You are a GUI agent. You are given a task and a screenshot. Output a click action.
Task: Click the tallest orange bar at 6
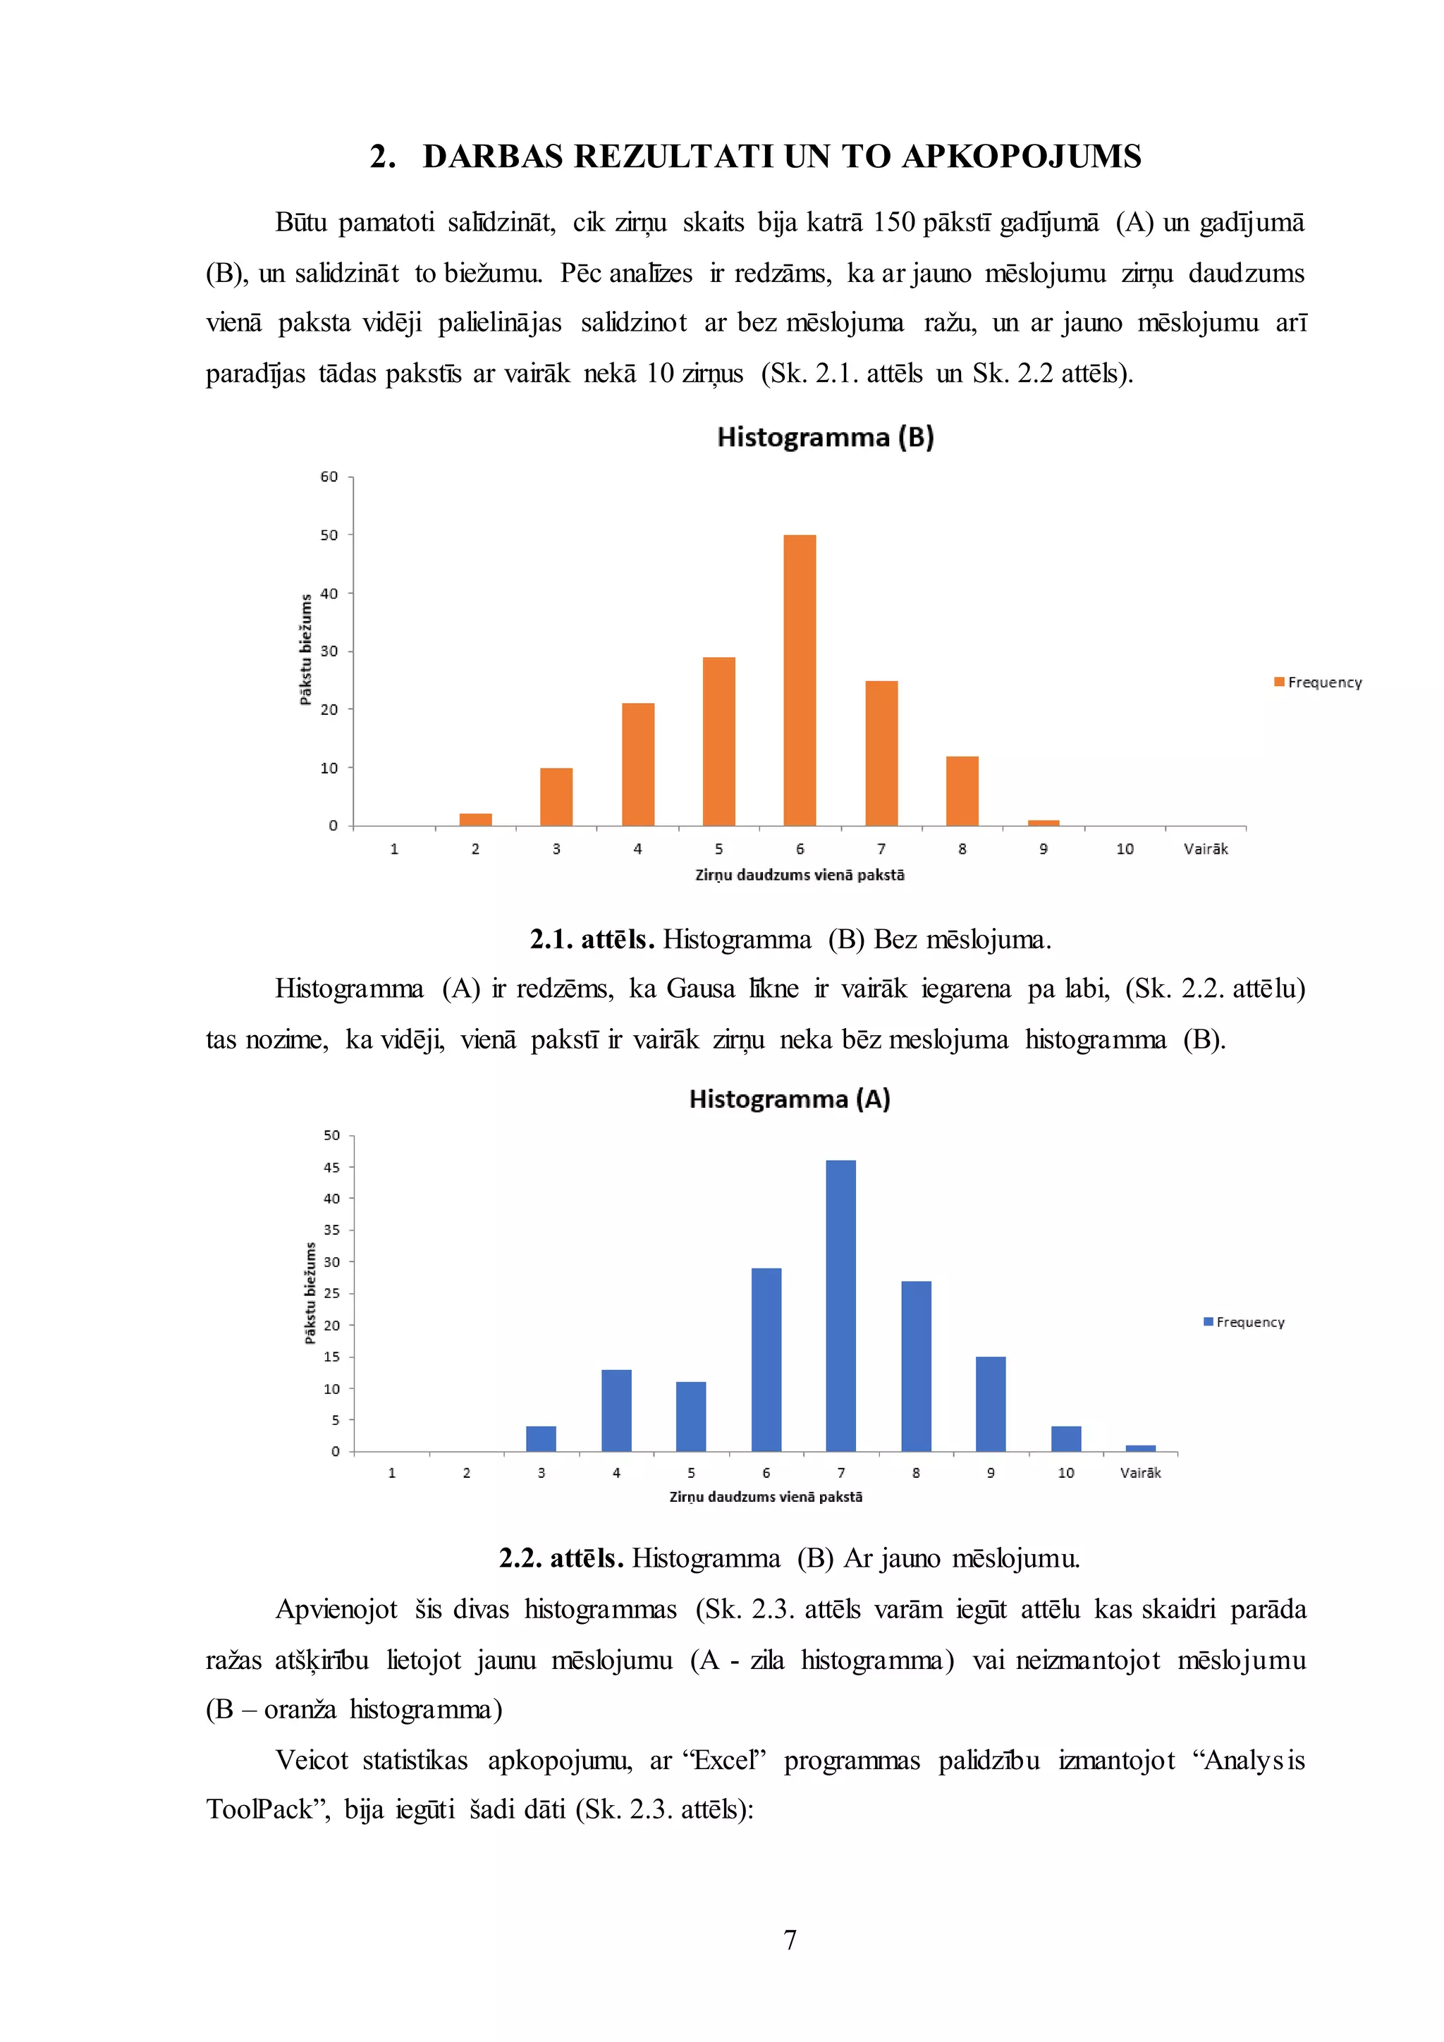tap(800, 680)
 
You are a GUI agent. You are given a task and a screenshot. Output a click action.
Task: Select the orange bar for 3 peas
tap(556, 797)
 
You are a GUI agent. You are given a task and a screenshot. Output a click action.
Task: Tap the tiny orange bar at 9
tap(1043, 823)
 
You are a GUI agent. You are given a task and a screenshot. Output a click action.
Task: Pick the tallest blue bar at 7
tap(840, 1307)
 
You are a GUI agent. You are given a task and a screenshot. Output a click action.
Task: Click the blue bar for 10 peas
tap(1066, 1439)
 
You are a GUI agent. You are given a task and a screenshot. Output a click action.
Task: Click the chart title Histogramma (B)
tap(825, 438)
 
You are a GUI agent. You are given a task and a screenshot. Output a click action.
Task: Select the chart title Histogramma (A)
tap(790, 1099)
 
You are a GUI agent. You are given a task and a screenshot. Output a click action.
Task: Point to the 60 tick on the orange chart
tap(329, 477)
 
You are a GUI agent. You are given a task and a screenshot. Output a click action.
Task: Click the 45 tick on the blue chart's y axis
tap(331, 1168)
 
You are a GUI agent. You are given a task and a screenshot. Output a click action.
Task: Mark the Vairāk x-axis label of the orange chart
tap(1206, 850)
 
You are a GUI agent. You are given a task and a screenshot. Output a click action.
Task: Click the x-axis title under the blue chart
tap(766, 1497)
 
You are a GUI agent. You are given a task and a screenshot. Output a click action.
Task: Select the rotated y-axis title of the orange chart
tap(306, 650)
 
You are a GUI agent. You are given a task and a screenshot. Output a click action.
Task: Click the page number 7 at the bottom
tap(790, 1940)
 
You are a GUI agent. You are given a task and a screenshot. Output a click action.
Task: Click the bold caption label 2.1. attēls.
tap(592, 939)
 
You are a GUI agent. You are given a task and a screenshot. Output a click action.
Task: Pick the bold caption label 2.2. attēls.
tap(561, 1558)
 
